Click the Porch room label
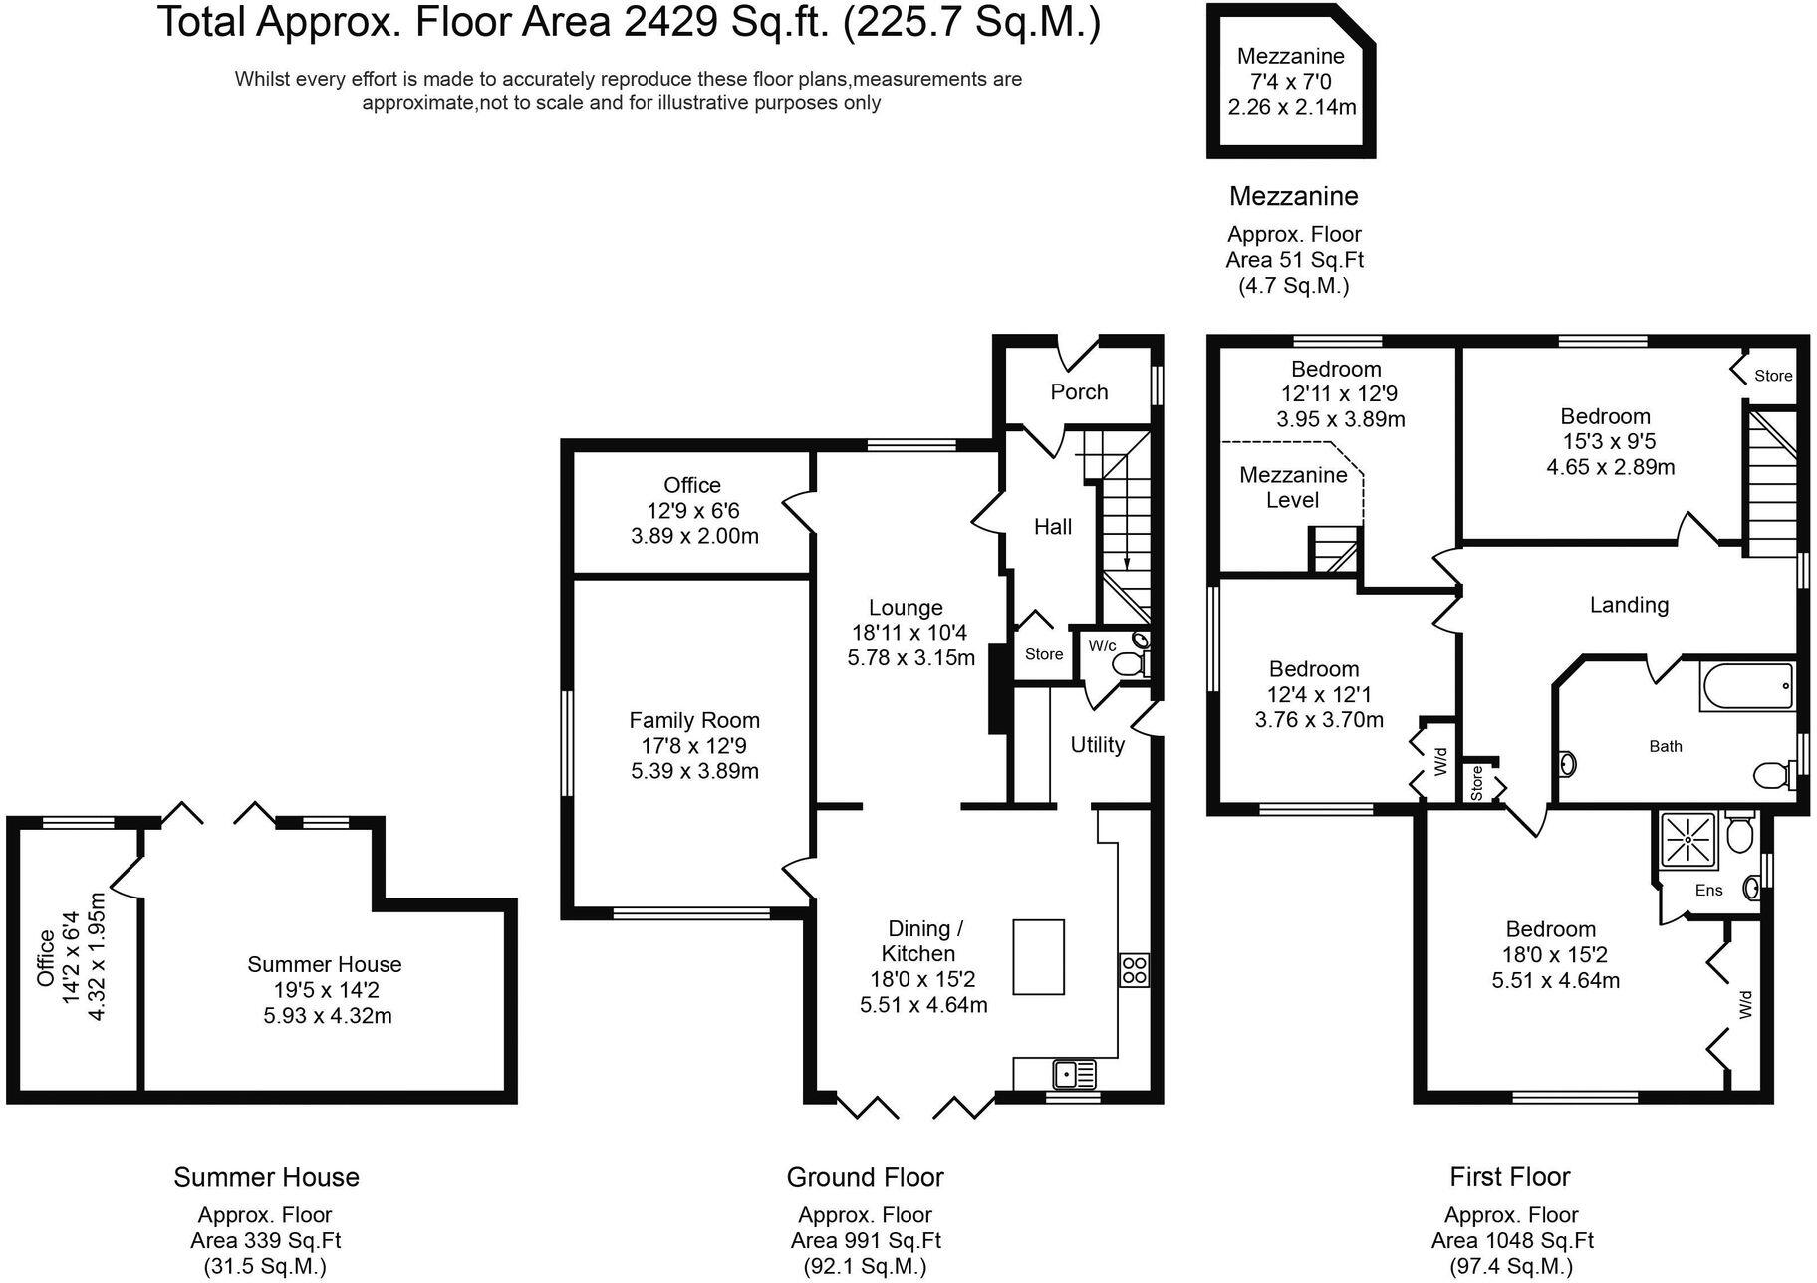[x=1079, y=392]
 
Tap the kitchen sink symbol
[x=1074, y=1075]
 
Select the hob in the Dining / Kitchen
[x=1134, y=970]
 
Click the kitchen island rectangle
[x=1038, y=957]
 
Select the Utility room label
[x=1097, y=745]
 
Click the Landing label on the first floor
[x=1629, y=605]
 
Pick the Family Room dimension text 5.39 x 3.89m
[x=694, y=771]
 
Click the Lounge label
[x=905, y=608]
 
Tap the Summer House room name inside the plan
[x=324, y=964]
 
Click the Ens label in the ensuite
[x=1708, y=890]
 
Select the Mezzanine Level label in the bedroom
[x=1292, y=488]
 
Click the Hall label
[x=1052, y=527]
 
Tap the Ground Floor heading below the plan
[x=865, y=1177]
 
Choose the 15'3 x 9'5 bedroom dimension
[x=1605, y=441]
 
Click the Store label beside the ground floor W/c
[x=1044, y=654]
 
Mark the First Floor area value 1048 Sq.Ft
[x=1512, y=1241]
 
